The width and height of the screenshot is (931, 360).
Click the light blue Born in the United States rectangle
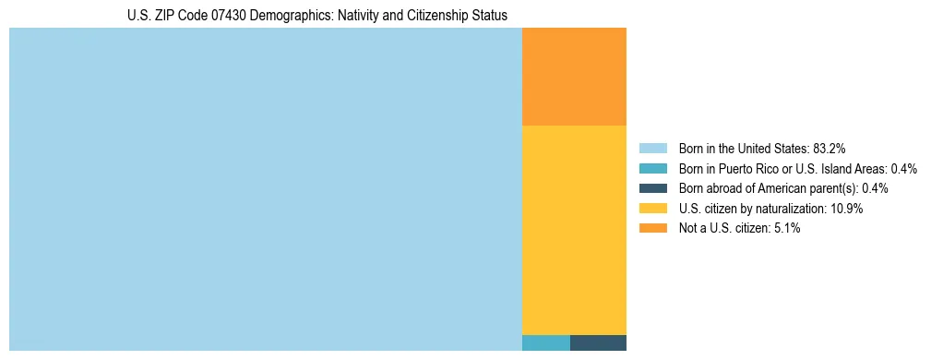[266, 189]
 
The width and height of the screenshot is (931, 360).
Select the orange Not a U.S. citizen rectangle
[574, 77]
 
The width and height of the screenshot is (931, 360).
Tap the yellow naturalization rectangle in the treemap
[574, 229]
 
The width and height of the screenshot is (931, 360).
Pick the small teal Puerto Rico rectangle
[546, 342]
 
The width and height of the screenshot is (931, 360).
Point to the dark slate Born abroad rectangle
[598, 342]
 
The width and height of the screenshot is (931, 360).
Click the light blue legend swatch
[652, 148]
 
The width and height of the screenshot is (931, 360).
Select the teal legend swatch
[652, 168]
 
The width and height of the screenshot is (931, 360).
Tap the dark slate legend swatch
[652, 188]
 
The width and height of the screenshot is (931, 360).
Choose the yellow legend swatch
[652, 209]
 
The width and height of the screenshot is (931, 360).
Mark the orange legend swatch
[652, 228]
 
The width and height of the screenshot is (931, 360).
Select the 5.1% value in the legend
[786, 228]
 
